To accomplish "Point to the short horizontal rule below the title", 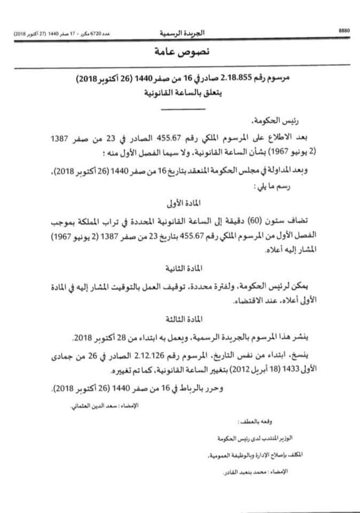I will (183, 110).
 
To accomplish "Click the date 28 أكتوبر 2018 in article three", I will (93, 339).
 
